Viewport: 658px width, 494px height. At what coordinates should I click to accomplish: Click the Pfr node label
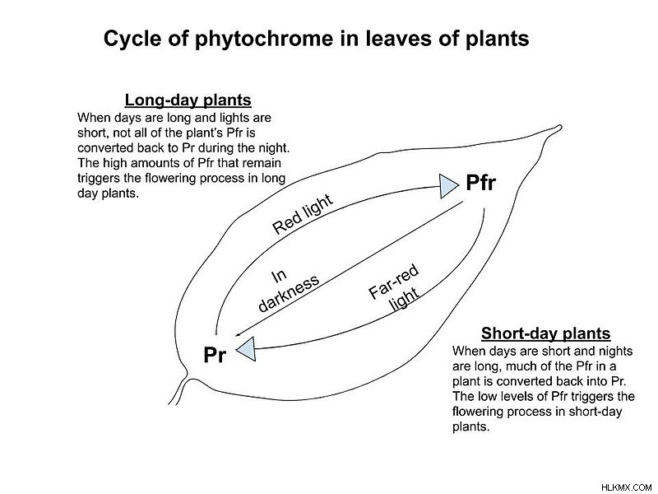pyautogui.click(x=480, y=183)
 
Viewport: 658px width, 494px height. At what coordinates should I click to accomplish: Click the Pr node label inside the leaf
pyautogui.click(x=215, y=355)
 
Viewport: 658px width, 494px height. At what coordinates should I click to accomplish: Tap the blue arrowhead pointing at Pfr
pyautogui.click(x=448, y=186)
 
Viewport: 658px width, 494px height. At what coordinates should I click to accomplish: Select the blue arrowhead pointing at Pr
pyautogui.click(x=246, y=348)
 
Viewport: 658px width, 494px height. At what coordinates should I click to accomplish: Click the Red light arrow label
pyautogui.click(x=303, y=214)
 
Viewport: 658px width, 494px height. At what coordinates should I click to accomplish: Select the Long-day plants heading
pyautogui.click(x=188, y=100)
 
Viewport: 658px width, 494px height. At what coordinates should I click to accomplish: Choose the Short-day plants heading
pyautogui.click(x=545, y=333)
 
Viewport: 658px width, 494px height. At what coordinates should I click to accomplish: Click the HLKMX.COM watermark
pyautogui.click(x=626, y=487)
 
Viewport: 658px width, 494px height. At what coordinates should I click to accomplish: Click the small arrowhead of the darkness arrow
pyautogui.click(x=238, y=335)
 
